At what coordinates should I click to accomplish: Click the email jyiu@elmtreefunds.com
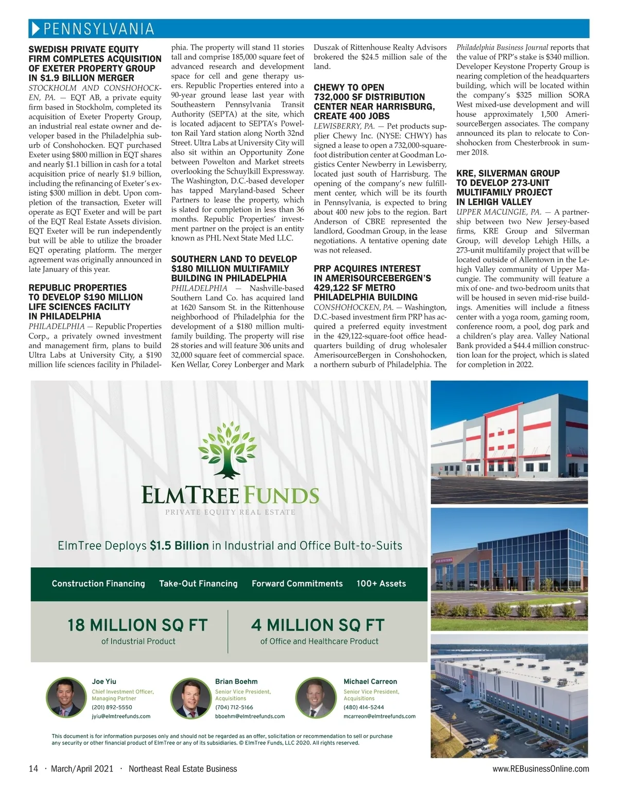[x=121, y=716]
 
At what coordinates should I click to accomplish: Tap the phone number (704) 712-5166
[x=234, y=707]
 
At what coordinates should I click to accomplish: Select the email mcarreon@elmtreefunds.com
[x=380, y=716]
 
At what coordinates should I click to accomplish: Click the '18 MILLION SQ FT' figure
[x=138, y=625]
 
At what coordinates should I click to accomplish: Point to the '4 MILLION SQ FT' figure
[x=318, y=625]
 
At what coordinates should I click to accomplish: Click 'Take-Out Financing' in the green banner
[x=198, y=584]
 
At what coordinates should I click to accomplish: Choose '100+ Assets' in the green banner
[x=381, y=584]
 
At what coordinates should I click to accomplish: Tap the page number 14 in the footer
[x=33, y=769]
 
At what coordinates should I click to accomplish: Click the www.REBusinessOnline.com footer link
[x=541, y=769]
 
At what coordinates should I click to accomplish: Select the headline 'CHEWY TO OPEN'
[x=349, y=88]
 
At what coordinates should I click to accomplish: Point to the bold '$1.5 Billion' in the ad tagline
[x=179, y=546]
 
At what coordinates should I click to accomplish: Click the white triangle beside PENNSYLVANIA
[x=35, y=29]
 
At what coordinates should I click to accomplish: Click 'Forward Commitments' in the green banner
[x=297, y=584]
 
